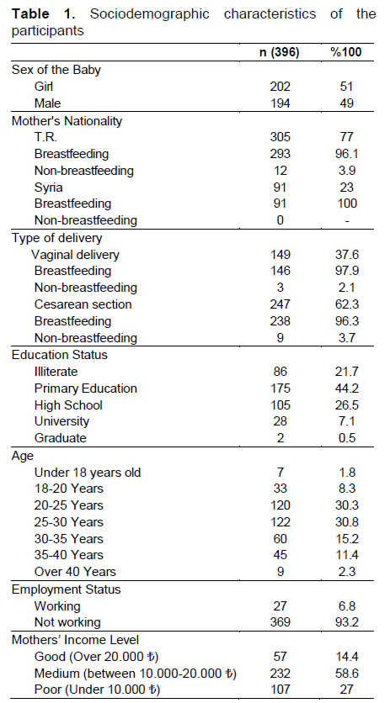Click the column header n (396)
click(280, 52)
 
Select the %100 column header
click(346, 52)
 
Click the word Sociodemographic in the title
click(150, 14)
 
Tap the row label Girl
click(44, 86)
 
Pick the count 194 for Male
click(280, 103)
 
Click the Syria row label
click(48, 188)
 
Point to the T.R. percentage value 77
click(346, 137)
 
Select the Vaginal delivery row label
click(75, 255)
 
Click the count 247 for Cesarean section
click(280, 304)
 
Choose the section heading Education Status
click(60, 355)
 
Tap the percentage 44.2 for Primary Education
click(346, 388)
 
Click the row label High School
click(68, 405)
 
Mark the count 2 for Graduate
click(280, 438)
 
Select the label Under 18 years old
click(88, 473)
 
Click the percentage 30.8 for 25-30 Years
click(346, 522)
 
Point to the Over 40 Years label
click(75, 572)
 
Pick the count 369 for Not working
click(280, 622)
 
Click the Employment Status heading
click(66, 589)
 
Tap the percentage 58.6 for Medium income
click(346, 674)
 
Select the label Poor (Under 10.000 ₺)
click(97, 690)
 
